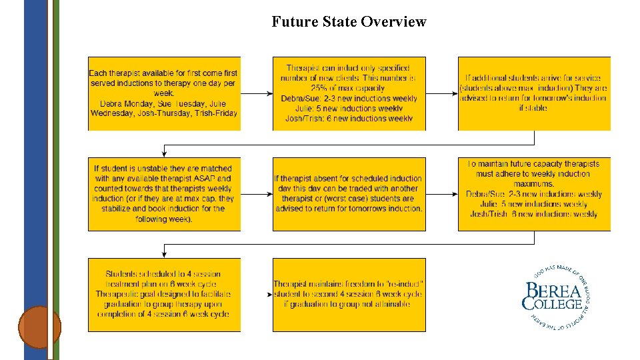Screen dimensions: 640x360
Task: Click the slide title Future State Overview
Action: click(349, 22)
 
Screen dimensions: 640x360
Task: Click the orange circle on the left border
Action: click(39, 327)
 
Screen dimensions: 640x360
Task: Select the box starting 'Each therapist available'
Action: click(164, 93)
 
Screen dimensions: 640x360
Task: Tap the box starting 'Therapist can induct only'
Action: click(349, 93)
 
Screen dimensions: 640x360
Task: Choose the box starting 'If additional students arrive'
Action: click(533, 93)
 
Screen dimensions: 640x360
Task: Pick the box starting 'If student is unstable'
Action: click(164, 194)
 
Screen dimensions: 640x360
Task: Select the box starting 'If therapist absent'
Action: click(349, 194)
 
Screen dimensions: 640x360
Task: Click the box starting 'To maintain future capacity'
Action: click(533, 194)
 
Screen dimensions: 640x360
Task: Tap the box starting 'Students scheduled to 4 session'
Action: click(164, 295)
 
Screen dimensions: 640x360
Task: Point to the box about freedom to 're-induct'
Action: click(349, 295)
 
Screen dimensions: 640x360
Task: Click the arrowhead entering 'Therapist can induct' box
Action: click(269, 93)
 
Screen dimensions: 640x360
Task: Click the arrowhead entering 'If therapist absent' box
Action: click(269, 194)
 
